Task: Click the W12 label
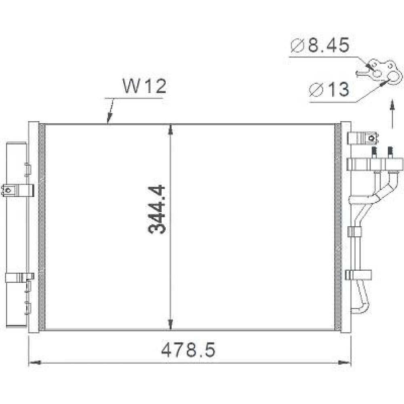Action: (x=144, y=86)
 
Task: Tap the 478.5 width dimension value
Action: (x=188, y=350)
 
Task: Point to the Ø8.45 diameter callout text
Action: (x=320, y=46)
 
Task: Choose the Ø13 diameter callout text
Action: (x=328, y=89)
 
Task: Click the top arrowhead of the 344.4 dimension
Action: (x=171, y=129)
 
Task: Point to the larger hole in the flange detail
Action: (x=393, y=77)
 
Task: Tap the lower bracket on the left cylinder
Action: (x=19, y=278)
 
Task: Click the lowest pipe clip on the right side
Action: (x=358, y=275)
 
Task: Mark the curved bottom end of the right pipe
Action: (x=358, y=310)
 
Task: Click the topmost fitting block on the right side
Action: (x=365, y=138)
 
